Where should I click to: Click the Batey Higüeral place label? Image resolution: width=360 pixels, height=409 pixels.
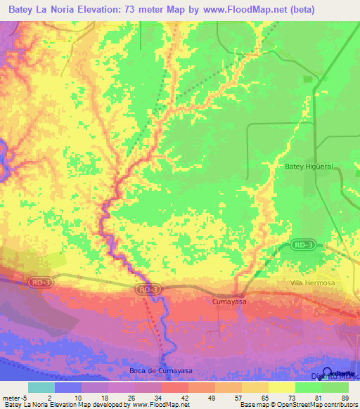tap(307, 167)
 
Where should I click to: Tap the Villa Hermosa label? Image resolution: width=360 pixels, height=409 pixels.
tap(313, 283)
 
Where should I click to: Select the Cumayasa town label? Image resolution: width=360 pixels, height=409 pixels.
tap(229, 301)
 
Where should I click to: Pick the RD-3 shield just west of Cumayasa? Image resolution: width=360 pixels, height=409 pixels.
tap(148, 289)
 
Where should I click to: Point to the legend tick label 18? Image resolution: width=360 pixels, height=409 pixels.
tap(108, 398)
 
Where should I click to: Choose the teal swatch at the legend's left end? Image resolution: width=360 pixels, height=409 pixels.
tap(41, 387)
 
